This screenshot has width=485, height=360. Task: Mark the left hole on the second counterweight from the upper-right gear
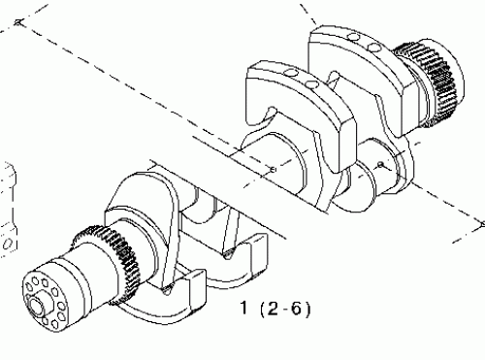(296, 82)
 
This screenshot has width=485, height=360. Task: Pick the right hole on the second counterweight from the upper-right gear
(312, 89)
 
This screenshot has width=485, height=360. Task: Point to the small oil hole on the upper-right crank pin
(381, 166)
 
